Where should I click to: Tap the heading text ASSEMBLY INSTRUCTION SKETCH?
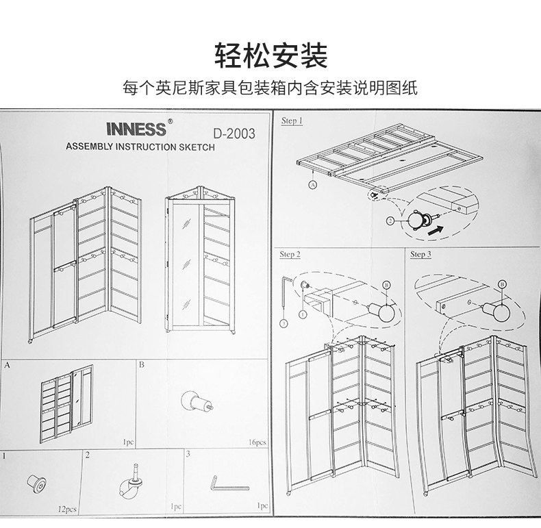(x=140, y=147)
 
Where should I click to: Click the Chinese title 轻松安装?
(x=270, y=55)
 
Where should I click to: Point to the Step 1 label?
(x=292, y=121)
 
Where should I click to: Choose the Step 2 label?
(x=290, y=255)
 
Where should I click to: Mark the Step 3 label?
(x=420, y=255)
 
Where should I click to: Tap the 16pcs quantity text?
(x=257, y=443)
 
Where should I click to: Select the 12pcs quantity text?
(x=67, y=510)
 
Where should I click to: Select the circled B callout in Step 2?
(x=386, y=285)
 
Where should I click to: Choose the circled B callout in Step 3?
(x=502, y=283)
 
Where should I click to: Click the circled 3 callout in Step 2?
(x=283, y=322)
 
